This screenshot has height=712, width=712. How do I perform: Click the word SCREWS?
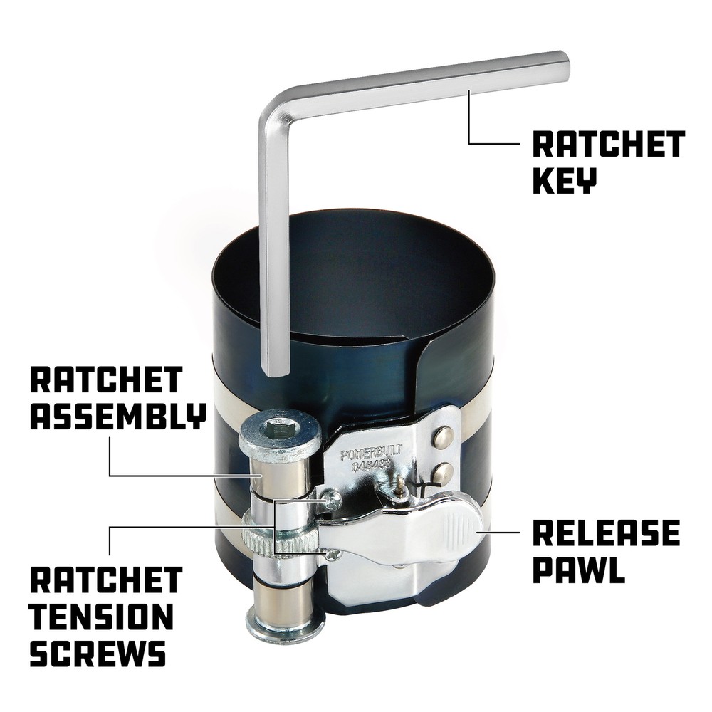(98, 653)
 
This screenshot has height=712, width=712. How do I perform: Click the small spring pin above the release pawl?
(402, 485)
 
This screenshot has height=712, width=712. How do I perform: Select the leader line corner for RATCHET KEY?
(470, 143)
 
